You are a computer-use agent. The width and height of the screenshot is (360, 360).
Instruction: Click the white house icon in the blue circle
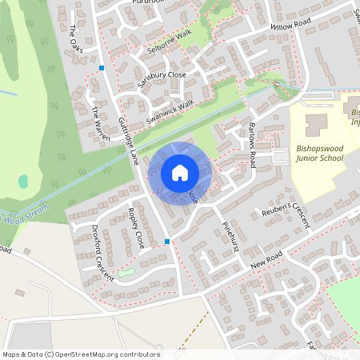pyautogui.click(x=179, y=173)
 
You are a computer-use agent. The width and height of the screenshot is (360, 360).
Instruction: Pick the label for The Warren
pyautogui.click(x=98, y=122)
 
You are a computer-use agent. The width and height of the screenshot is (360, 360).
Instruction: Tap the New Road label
pyautogui.click(x=266, y=265)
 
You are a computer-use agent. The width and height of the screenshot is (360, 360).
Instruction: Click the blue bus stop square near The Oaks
pyautogui.click(x=102, y=68)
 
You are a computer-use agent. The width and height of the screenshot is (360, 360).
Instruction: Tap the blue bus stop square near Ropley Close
pyautogui.click(x=166, y=241)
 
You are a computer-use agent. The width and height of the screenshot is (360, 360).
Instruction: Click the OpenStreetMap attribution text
pyautogui.click(x=80, y=354)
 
